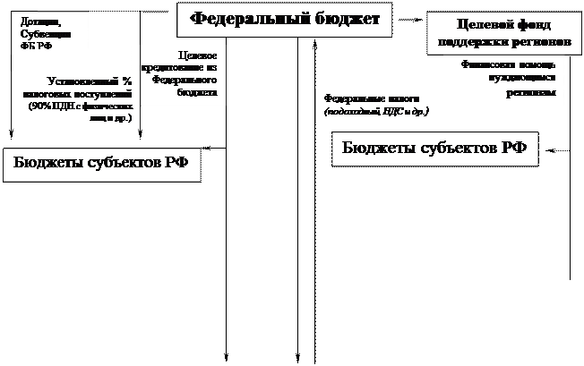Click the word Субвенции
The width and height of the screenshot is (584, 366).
[39, 34]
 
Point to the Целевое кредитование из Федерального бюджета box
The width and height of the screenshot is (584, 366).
[179, 73]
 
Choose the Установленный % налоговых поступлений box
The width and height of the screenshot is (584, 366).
[76, 99]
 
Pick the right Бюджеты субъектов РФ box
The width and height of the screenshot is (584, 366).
[434, 147]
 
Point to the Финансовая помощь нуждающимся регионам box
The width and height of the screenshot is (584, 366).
[504, 81]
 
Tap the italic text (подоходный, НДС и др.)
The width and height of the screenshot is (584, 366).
[377, 112]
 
